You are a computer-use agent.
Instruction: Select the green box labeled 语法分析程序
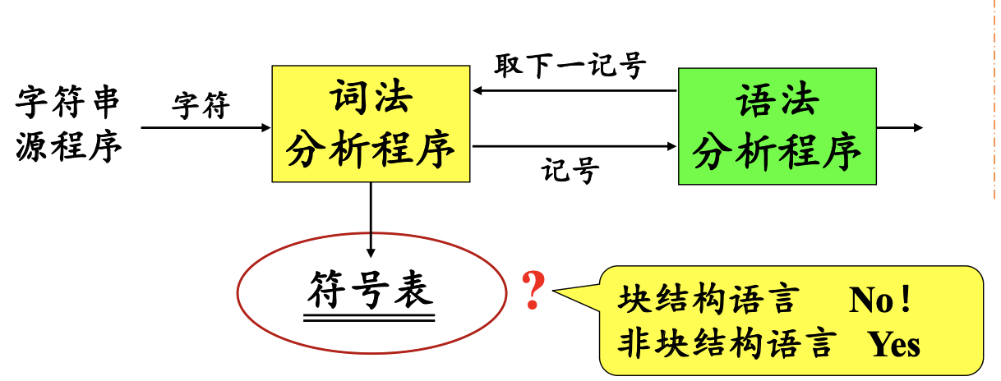[x=777, y=126]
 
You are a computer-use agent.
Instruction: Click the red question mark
[x=533, y=292]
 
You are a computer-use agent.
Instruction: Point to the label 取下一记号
[x=570, y=65]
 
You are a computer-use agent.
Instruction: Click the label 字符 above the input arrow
[x=201, y=106]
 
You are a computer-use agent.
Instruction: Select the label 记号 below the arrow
[x=570, y=172]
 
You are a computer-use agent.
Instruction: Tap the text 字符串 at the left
[x=67, y=104]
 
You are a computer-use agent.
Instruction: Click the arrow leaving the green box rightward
[x=900, y=128]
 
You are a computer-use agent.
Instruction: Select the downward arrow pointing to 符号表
[x=371, y=218]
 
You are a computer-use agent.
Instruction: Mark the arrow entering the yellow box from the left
[x=205, y=127]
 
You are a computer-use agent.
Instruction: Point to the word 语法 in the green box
[x=777, y=103]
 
